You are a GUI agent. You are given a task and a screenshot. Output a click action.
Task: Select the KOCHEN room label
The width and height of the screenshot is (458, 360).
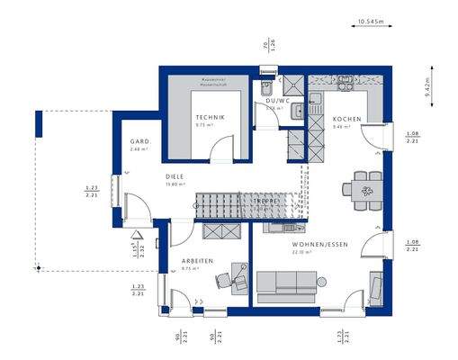(346, 120)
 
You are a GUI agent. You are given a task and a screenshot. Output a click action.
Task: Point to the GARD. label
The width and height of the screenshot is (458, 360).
(139, 141)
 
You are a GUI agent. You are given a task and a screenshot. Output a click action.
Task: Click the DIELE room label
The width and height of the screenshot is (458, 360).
(175, 177)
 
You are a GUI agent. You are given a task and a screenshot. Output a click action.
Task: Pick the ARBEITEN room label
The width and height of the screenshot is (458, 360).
(196, 261)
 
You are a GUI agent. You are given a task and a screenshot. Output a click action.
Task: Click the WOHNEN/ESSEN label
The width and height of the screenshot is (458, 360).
(313, 245)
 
